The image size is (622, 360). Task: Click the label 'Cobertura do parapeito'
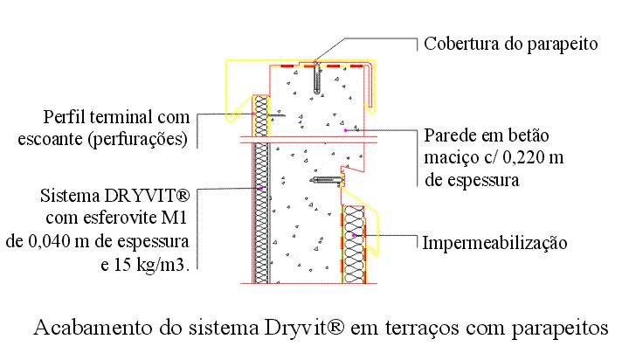tap(510, 44)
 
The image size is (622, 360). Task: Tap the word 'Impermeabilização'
tap(494, 243)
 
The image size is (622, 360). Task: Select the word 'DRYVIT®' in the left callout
tap(147, 196)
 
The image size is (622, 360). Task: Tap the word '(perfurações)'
tap(138, 140)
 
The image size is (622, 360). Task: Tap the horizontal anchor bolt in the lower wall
tap(328, 181)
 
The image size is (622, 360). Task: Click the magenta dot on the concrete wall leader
tap(346, 130)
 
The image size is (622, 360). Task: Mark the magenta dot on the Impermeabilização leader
tap(354, 235)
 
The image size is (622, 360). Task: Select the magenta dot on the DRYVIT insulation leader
tap(261, 188)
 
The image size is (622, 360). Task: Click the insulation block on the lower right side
tap(354, 245)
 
